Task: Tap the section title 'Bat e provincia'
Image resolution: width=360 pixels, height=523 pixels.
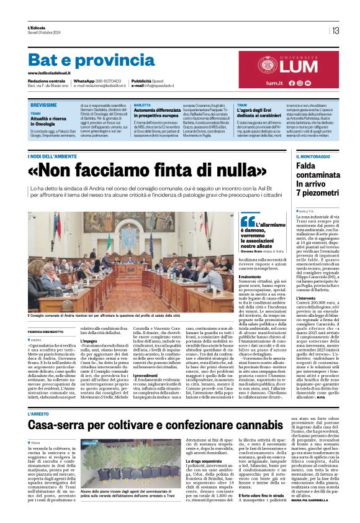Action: [83, 60]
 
